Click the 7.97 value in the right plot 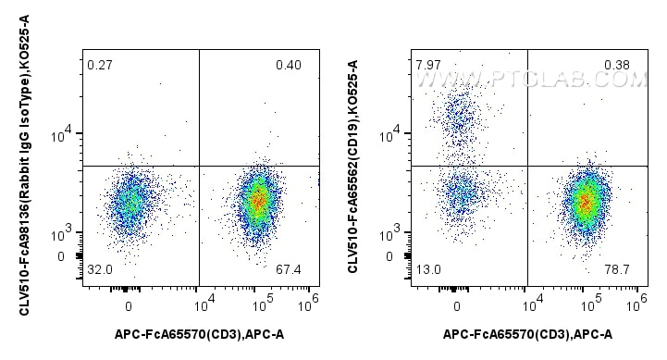(428, 65)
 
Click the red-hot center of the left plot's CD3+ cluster (259, 199)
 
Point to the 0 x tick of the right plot (457, 305)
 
